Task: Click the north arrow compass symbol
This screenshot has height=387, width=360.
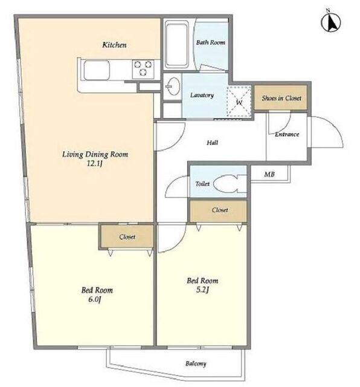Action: tap(330, 21)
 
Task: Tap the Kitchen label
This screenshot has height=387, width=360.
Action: tap(114, 45)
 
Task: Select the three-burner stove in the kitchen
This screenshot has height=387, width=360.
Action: tap(143, 68)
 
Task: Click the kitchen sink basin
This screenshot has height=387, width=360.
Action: tap(97, 70)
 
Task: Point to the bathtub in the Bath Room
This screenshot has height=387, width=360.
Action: tap(177, 44)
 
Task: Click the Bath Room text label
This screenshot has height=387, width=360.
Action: tap(211, 42)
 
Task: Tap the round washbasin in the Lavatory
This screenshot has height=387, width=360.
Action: tap(173, 86)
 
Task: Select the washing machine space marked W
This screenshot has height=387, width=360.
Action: tap(239, 102)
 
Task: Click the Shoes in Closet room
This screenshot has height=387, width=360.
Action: tap(281, 98)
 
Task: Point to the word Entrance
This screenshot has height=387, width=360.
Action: tap(287, 134)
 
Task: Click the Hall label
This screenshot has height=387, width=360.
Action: tap(212, 143)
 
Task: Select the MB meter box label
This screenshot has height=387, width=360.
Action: tap(269, 174)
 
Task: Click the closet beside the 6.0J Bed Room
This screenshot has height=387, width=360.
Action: tap(127, 236)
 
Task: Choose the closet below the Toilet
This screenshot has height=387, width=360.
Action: tap(219, 210)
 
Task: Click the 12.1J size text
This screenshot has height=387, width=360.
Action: tap(95, 163)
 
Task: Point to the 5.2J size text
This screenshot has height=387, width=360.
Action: tap(202, 290)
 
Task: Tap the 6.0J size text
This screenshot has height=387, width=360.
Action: tap(95, 299)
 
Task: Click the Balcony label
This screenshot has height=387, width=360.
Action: tap(196, 363)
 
